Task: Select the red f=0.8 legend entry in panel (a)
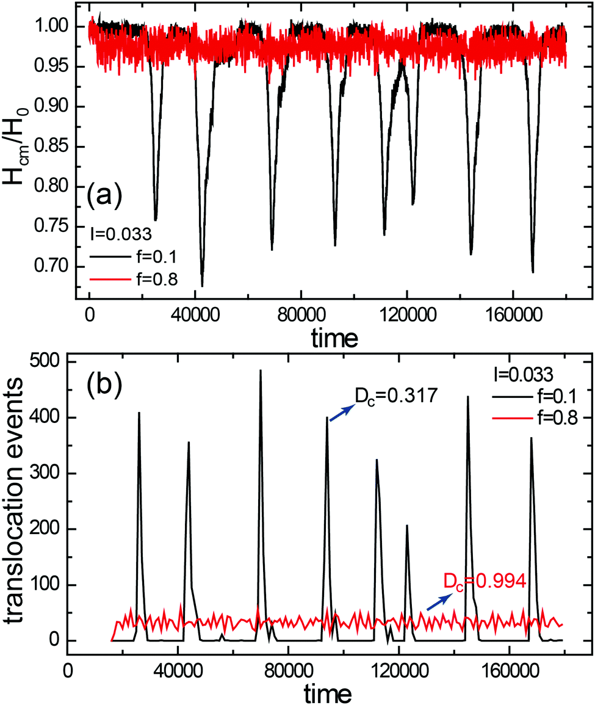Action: click(135, 280)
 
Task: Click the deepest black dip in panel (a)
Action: click(202, 284)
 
